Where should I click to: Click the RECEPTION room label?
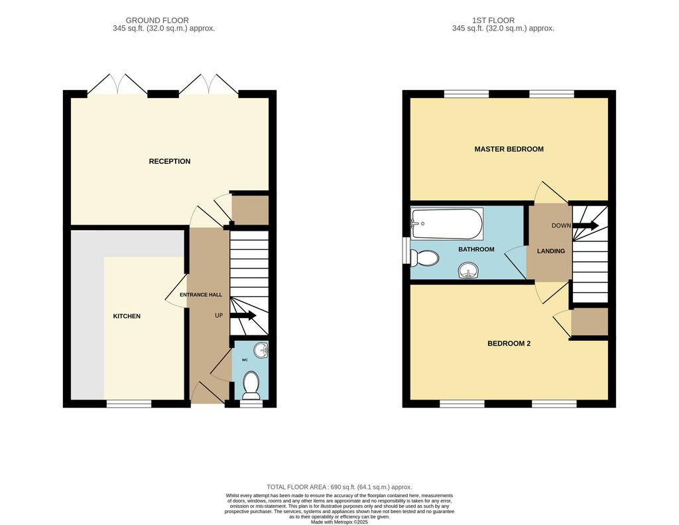tap(170, 162)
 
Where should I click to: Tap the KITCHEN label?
tap(127, 316)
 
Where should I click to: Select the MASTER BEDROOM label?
tap(509, 149)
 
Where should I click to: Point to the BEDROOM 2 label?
tap(509, 343)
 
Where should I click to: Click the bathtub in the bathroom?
tap(448, 224)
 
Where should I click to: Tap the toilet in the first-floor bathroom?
tap(425, 259)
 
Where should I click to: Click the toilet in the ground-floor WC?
tap(251, 385)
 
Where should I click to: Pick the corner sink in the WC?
tap(261, 350)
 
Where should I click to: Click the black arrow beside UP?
tap(243, 316)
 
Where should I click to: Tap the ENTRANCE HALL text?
tap(201, 295)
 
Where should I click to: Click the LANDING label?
tap(551, 251)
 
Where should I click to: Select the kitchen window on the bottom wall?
tap(129, 404)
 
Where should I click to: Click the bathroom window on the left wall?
tap(406, 250)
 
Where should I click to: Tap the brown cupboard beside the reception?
tap(250, 210)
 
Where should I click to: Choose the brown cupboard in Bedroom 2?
tap(589, 322)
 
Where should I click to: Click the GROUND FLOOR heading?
tap(157, 21)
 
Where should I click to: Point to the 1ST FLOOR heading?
tap(493, 21)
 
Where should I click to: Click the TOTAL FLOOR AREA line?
tap(339, 487)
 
